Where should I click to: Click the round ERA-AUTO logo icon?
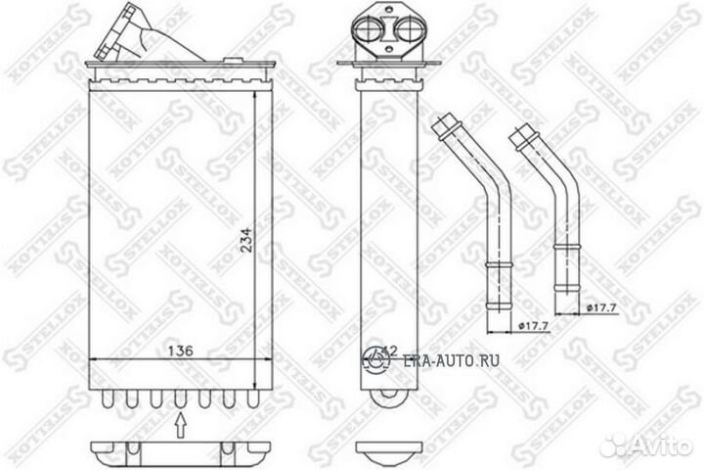point(375,359)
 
